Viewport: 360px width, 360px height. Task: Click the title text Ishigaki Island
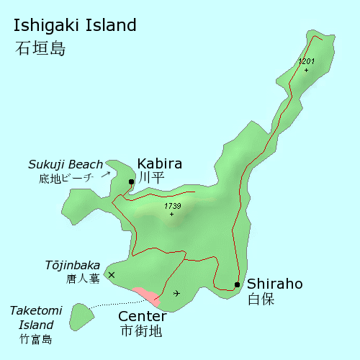75,26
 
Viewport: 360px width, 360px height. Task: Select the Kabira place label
159,163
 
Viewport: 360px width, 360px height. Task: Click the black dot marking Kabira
131,181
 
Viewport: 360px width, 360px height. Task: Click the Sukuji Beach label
66,165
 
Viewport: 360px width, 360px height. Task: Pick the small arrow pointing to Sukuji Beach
105,174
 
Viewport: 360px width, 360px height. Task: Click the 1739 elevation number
172,206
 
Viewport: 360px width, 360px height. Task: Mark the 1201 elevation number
307,62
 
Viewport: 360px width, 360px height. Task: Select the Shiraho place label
274,284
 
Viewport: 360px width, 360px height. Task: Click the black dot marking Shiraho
237,284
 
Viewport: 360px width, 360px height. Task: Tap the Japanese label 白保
261,300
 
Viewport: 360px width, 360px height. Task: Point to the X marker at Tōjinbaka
111,274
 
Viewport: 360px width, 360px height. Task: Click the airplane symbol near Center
177,293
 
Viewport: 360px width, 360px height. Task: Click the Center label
142,316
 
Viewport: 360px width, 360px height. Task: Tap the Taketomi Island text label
35,317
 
